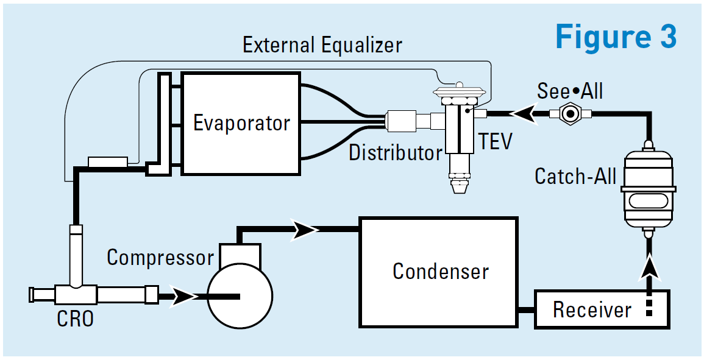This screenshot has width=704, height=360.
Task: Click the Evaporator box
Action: pos(241,124)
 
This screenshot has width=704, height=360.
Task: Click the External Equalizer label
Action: pos(322,45)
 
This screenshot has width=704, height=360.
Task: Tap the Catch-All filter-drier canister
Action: pos(647,185)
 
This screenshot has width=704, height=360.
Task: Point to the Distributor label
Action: pos(394,152)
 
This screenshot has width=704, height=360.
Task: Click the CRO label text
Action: pos(75,318)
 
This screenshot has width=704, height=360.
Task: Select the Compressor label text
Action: pos(160,257)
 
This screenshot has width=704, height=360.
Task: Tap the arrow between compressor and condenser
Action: pos(305,230)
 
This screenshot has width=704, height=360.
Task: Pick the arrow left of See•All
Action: pos(522,113)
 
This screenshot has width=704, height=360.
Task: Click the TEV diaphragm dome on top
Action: pos(461,92)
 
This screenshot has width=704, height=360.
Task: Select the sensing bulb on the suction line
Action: pos(107,162)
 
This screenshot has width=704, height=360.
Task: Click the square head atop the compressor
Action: pos(240,253)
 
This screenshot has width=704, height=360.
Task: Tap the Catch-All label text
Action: pos(575,176)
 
